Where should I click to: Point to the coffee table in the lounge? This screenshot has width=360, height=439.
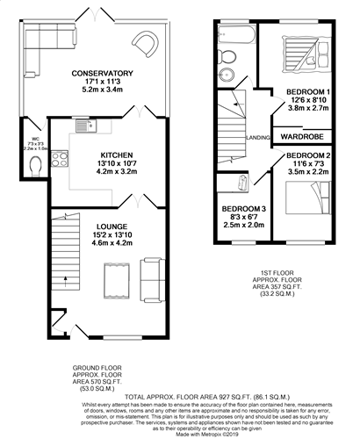tap(112, 282)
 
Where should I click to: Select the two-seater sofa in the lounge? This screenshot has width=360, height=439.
tap(150, 279)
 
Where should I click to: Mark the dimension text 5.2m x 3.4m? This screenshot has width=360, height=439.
tap(104, 90)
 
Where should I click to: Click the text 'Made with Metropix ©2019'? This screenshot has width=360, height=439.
tap(179, 433)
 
